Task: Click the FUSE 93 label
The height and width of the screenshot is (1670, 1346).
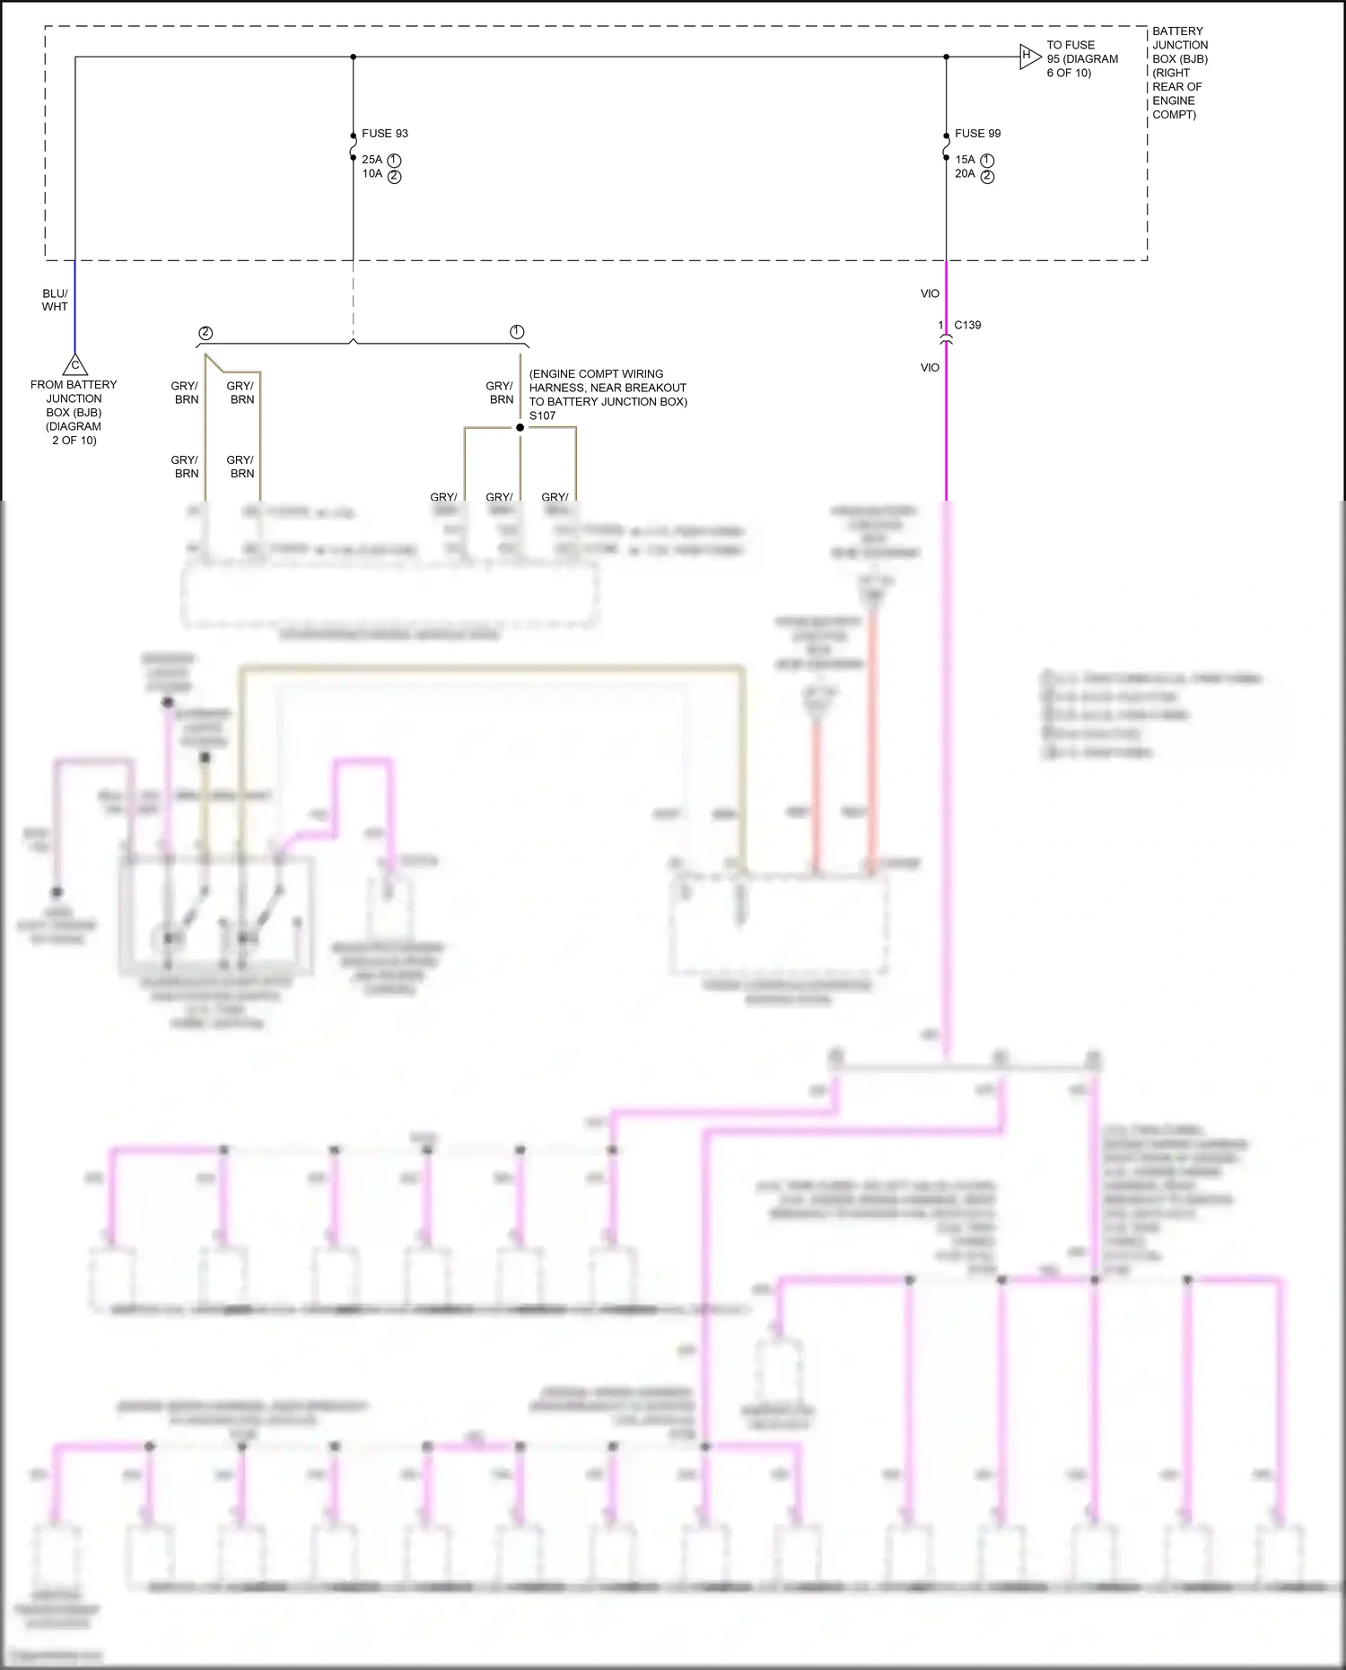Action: pos(384,134)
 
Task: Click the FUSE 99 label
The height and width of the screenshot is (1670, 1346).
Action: pos(977,134)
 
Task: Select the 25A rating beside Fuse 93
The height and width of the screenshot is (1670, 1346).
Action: pos(372,160)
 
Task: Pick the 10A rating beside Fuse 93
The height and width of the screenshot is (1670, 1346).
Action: pos(372,174)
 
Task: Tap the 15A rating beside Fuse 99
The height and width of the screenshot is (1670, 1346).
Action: pos(965,160)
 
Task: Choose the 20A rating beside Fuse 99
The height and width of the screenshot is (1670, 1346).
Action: pos(965,174)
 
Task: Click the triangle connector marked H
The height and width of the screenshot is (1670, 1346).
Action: pos(1028,57)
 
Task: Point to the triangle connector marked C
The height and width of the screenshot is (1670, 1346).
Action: pos(75,365)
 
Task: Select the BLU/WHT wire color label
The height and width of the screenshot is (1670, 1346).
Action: pos(55,300)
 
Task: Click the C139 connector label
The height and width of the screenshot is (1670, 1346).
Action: pos(967,325)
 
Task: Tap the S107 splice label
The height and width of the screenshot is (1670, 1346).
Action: pos(542,415)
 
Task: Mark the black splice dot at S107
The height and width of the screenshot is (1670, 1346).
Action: pos(520,427)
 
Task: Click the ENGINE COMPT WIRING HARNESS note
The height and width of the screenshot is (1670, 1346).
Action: pos(607,388)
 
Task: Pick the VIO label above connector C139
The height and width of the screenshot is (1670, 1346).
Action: pos(930,293)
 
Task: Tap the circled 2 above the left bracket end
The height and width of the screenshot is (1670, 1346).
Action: pos(205,333)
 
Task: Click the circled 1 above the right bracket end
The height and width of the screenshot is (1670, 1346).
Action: pos(517,332)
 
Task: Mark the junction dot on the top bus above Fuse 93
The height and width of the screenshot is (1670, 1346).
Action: pos(353,57)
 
